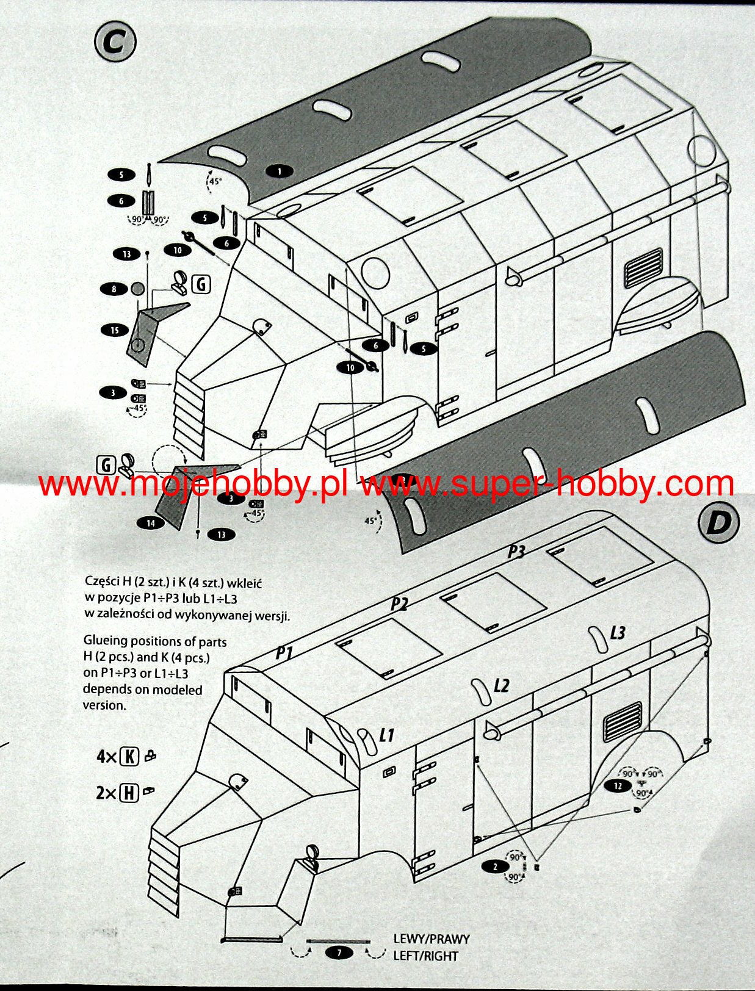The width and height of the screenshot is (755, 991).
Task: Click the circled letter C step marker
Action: click(115, 42)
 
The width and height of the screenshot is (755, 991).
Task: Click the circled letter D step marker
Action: click(718, 522)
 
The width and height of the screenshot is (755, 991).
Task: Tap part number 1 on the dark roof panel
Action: click(280, 171)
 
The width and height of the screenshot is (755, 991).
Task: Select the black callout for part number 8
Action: click(114, 289)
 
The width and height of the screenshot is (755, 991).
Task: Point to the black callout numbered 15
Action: click(115, 330)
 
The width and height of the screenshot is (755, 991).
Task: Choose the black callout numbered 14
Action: click(151, 522)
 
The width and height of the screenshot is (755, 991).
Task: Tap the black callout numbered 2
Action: click(495, 867)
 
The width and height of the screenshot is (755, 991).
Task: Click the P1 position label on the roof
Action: click(284, 653)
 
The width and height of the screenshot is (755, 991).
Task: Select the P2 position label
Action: click(399, 604)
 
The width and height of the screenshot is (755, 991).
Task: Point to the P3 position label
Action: click(516, 552)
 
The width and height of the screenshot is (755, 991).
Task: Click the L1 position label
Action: click(386, 735)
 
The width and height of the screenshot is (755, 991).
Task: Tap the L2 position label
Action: click(500, 686)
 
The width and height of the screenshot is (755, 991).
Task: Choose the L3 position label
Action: click(618, 633)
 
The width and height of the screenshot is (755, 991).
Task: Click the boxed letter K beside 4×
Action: click(129, 757)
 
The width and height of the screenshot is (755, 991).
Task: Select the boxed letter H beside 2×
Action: click(129, 793)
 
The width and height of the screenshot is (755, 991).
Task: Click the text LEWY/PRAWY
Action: click(431, 939)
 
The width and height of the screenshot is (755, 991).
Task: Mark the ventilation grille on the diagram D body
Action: click(622, 720)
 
